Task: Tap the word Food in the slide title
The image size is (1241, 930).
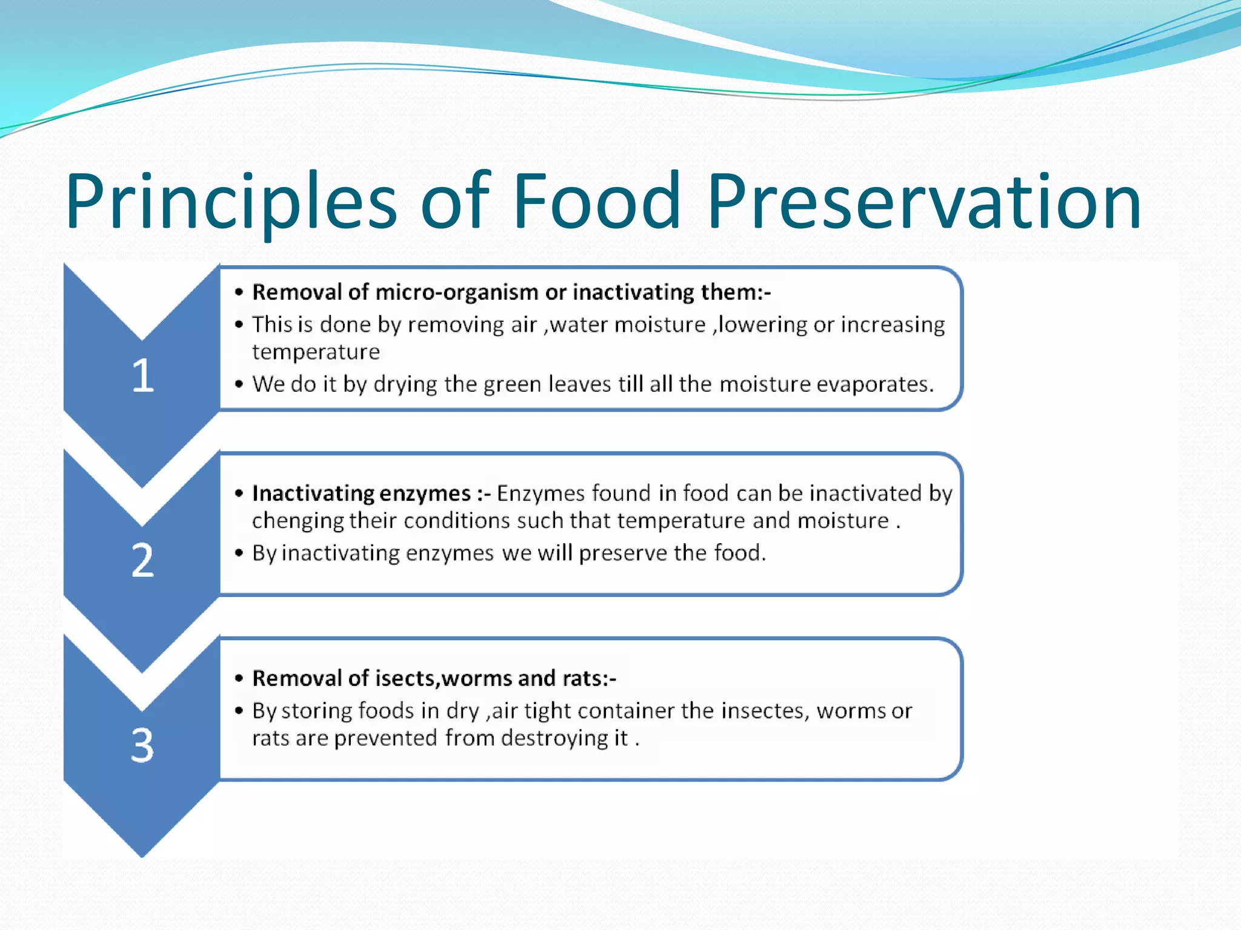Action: [x=597, y=201]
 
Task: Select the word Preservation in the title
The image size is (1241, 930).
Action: [x=924, y=201]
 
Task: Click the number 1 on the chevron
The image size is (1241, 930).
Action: [x=143, y=375]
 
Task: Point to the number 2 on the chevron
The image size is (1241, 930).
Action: [x=143, y=560]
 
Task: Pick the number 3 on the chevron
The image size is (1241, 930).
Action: [x=143, y=745]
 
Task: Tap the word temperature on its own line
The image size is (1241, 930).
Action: [x=316, y=352]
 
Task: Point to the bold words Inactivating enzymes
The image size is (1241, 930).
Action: [x=362, y=493]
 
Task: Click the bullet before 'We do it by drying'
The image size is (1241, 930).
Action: [x=239, y=384]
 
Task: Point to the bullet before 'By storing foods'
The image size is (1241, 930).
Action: [x=239, y=711]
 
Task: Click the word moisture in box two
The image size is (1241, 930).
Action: [x=843, y=521]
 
